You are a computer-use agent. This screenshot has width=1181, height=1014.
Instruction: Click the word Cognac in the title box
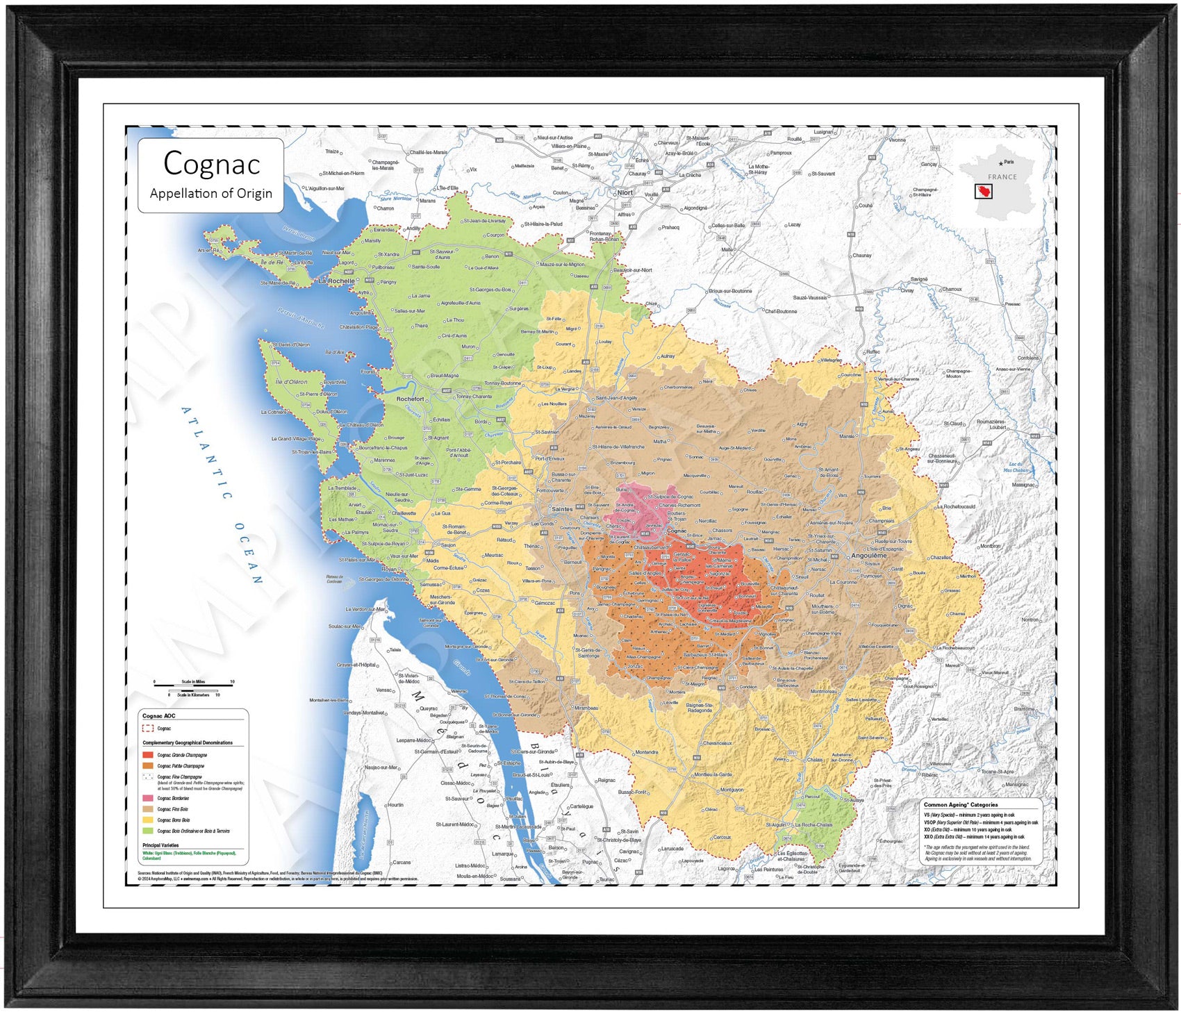tap(211, 164)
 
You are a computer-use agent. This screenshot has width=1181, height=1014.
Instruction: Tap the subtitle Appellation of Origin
tap(211, 194)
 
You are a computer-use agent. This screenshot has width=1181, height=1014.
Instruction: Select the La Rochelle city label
tap(336, 281)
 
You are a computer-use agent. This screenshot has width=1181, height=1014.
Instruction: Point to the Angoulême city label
tap(868, 556)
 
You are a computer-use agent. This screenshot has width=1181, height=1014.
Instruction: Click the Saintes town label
tap(562, 509)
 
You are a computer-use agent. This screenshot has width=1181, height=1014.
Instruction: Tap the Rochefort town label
tap(410, 399)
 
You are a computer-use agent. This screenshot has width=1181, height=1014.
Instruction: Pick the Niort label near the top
tap(625, 192)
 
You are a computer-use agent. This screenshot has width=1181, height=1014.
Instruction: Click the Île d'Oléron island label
tap(291, 382)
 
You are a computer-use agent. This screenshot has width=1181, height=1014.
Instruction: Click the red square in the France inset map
tap(983, 191)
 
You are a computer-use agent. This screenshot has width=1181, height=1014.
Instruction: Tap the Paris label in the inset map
tap(1008, 162)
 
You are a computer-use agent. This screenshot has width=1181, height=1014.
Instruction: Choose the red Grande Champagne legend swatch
tap(148, 755)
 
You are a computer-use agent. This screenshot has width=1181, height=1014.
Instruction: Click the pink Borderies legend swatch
tap(148, 798)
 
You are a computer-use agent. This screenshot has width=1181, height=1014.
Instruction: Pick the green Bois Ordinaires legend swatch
tap(148, 831)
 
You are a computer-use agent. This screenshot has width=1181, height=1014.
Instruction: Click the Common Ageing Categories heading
tap(960, 805)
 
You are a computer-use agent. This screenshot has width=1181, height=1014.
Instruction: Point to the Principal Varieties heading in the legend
tap(160, 845)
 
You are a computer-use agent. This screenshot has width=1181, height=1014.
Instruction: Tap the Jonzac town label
tap(634, 666)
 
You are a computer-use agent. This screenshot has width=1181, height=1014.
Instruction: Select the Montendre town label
tap(646, 752)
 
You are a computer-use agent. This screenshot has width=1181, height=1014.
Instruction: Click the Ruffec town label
tap(873, 351)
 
